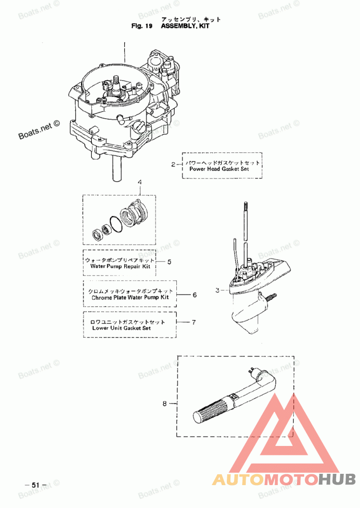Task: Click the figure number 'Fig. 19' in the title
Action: click(142, 26)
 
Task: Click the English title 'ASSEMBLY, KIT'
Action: click(185, 26)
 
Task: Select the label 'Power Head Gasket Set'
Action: click(219, 169)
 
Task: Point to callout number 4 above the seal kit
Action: click(140, 183)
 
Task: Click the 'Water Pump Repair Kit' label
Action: click(120, 266)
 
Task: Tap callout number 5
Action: click(169, 262)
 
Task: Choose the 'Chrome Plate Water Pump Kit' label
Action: click(130, 298)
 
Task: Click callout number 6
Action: click(194, 295)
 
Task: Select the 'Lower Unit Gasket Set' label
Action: click(121, 328)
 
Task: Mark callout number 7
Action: click(194, 322)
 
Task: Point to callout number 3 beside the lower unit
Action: click(217, 290)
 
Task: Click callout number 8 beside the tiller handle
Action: click(165, 404)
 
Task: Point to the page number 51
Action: click(36, 485)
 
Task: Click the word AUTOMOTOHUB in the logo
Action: click(284, 480)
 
